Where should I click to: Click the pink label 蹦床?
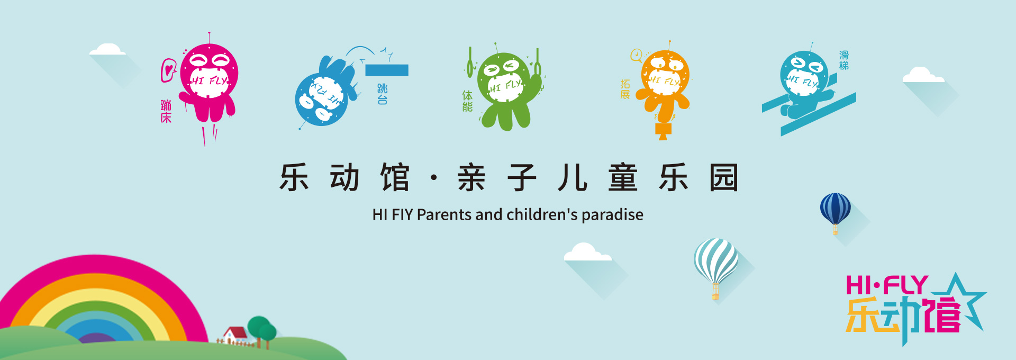pos(166,111)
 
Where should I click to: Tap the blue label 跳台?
pos(382,94)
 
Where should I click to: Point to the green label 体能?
pos(467,101)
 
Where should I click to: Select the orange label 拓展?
pos(625,89)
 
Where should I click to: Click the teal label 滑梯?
pos(844,60)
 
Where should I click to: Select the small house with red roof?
pos(234,336)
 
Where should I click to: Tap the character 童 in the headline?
pos(623,177)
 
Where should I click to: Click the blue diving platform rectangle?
pos(387,70)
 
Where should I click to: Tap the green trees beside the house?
pos(262,331)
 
